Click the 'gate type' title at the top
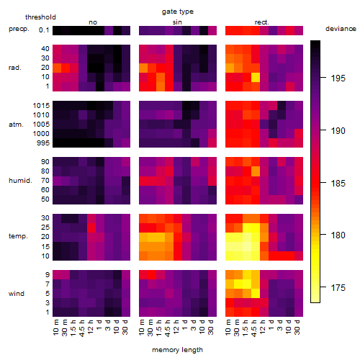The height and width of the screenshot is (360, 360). [178, 12]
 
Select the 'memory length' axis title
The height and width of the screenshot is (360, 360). [177, 350]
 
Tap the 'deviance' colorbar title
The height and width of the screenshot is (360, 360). [341, 29]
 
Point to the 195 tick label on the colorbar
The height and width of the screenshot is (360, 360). [338, 78]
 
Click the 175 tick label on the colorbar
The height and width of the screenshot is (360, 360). [338, 287]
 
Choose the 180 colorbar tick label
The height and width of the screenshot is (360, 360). [338, 235]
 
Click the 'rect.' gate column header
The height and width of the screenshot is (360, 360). [261, 22]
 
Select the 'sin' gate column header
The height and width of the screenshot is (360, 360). [177, 22]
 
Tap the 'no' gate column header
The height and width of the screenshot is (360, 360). [93, 22]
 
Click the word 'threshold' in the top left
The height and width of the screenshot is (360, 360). [40, 17]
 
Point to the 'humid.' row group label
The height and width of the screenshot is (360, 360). [20, 181]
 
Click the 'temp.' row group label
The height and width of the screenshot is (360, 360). [18, 236]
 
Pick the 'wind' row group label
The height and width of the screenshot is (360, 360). [17, 294]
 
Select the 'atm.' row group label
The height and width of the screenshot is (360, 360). [16, 125]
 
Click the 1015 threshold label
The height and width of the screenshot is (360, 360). [41, 106]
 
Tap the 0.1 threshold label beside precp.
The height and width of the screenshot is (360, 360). [44, 30]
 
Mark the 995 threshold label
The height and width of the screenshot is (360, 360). [43, 143]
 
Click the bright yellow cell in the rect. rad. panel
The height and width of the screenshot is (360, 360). [256, 77]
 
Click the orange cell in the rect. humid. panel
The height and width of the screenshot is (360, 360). [256, 171]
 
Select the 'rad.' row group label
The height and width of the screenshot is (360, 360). [15, 68]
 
